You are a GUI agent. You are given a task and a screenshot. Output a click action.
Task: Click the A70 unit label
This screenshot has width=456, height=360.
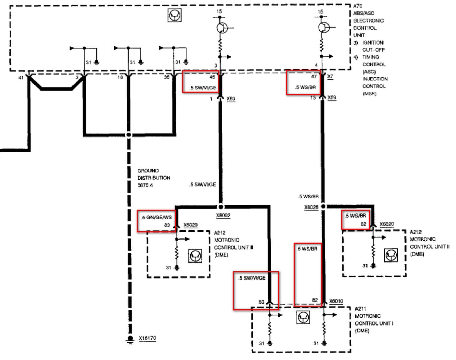click(x=358, y=6)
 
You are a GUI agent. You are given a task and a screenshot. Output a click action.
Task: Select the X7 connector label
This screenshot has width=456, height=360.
click(x=330, y=77)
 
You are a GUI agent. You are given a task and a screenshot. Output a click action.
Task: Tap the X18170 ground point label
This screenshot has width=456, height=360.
click(x=147, y=338)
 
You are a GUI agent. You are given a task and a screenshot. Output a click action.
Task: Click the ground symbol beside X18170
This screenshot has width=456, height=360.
click(x=130, y=339)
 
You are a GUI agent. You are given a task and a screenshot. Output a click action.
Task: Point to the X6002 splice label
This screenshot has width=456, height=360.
click(x=223, y=216)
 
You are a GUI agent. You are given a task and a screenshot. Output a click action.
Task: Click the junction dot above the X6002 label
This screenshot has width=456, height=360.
click(x=220, y=206)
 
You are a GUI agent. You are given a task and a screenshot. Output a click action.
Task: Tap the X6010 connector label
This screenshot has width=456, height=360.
click(x=336, y=301)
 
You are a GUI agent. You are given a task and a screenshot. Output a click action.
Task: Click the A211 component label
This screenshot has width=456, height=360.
click(x=361, y=309)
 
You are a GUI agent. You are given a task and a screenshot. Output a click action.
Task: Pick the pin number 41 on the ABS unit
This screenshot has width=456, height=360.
click(x=21, y=77)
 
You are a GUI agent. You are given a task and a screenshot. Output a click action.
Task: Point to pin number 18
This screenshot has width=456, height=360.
click(x=120, y=77)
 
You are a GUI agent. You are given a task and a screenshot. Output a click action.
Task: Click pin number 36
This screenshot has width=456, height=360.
click(x=167, y=77)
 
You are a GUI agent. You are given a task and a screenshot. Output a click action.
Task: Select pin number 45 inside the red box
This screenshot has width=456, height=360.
click(x=212, y=77)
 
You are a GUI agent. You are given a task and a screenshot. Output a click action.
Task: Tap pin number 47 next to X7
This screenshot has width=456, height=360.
click(x=314, y=77)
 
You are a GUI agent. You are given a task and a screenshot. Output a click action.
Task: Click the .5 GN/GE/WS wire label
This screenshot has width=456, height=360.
click(x=156, y=218)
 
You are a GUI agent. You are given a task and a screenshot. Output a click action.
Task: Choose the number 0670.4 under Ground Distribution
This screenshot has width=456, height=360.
click(x=145, y=185)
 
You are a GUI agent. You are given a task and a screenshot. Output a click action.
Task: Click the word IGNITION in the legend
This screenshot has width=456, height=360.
click(x=373, y=42)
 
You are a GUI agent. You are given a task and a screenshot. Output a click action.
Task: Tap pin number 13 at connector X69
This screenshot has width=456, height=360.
click(x=313, y=98)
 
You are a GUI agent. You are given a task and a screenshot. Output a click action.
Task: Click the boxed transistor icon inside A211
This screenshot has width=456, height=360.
click(x=303, y=317)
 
